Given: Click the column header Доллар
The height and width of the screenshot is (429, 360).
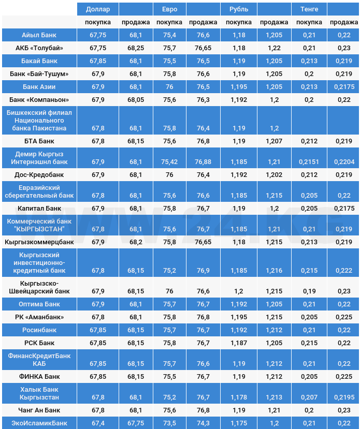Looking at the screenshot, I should pyautogui.click(x=97, y=9).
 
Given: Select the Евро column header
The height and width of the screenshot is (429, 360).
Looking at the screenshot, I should pyautogui.click(x=169, y=9).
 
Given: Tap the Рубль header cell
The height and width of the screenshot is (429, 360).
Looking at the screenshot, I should pyautogui.click(x=238, y=9).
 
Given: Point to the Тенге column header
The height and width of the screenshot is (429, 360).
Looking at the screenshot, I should pyautogui.click(x=309, y=9).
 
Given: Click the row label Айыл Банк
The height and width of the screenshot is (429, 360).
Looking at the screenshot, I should pyautogui.click(x=39, y=35).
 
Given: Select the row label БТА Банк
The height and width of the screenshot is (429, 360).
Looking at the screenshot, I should pyautogui.click(x=39, y=141).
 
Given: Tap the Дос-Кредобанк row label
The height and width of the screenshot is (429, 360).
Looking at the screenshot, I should pyautogui.click(x=39, y=174).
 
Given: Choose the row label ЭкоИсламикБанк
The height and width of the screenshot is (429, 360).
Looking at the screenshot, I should pyautogui.click(x=39, y=423).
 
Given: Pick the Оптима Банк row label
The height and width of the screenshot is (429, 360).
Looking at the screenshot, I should pyautogui.click(x=39, y=304).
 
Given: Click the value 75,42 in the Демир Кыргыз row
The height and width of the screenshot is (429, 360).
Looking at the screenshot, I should pyautogui.click(x=169, y=162).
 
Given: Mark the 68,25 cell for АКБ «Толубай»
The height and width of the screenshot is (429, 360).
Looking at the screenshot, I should pyautogui.click(x=136, y=48).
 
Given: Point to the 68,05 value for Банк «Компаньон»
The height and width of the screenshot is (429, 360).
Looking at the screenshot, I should pyautogui.click(x=136, y=99).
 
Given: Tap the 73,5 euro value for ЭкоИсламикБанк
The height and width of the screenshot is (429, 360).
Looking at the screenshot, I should pyautogui.click(x=169, y=423).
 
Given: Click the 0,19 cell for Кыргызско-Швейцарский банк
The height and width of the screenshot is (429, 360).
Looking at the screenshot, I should pyautogui.click(x=309, y=291).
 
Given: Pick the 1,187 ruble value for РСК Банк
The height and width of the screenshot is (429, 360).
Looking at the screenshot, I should pyautogui.click(x=238, y=343).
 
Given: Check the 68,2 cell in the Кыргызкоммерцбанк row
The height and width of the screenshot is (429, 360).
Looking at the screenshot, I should pyautogui.click(x=136, y=242).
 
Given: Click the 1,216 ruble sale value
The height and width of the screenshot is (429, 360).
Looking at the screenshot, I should pyautogui.click(x=274, y=271).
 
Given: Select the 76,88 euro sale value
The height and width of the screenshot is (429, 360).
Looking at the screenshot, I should pyautogui.click(x=203, y=162).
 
